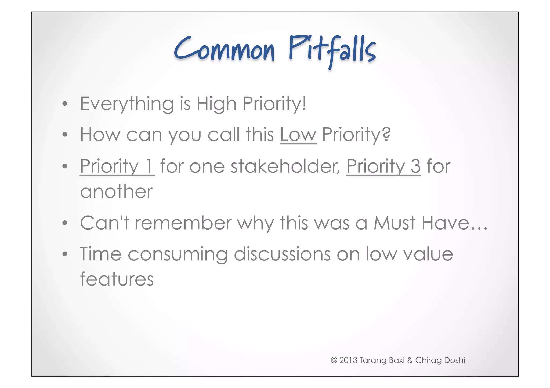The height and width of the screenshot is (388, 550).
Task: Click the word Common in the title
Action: tap(225, 50)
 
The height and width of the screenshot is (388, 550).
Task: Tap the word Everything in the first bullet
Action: tap(127, 104)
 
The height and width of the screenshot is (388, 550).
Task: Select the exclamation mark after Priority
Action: tap(304, 103)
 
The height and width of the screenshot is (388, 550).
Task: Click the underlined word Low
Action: tap(298, 135)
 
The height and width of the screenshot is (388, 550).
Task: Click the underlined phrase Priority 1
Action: tap(117, 167)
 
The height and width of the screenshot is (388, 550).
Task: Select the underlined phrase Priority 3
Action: tap(383, 167)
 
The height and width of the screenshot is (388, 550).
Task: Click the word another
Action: tap(116, 192)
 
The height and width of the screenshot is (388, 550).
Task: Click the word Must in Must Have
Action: tap(395, 223)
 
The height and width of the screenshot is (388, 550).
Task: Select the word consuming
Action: tap(178, 254)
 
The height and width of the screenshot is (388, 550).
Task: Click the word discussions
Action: tap(282, 254)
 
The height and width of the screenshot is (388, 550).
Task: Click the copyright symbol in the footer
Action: tap(334, 360)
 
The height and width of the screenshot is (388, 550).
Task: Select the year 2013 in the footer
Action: tap(348, 360)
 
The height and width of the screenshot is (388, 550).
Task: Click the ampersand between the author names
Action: tap(410, 360)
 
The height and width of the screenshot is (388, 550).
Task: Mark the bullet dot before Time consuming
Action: tap(64, 254)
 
